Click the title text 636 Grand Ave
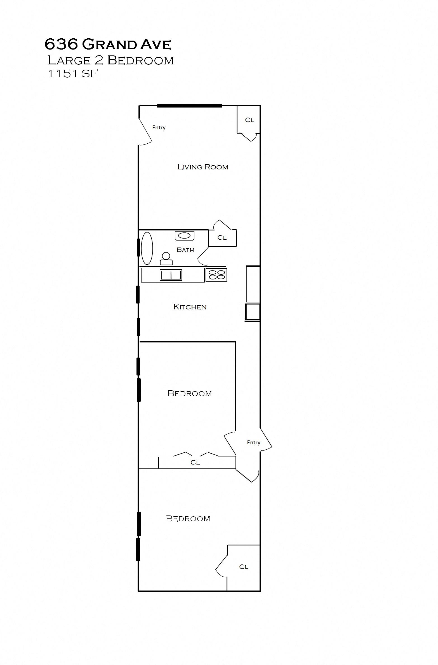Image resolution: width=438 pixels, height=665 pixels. (x=108, y=44)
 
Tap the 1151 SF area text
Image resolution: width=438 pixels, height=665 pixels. (x=73, y=74)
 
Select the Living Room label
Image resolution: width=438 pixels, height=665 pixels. (x=203, y=167)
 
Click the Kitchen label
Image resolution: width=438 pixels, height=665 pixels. (x=190, y=307)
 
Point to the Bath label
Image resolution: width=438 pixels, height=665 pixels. (x=185, y=250)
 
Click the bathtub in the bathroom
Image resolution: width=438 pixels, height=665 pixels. (x=147, y=248)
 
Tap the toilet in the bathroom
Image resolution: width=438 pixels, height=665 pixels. (x=166, y=259)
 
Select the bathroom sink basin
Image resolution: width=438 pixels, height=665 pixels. (x=185, y=235)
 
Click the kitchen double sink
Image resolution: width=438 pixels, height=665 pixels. (x=171, y=275)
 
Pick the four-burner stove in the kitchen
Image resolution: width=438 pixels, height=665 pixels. (x=216, y=275)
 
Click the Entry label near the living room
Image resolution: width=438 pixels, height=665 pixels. (x=159, y=128)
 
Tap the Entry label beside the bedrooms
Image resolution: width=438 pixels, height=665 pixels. (x=254, y=442)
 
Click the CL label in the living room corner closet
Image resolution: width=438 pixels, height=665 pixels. (x=249, y=120)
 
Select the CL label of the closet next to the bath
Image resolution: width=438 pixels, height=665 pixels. (x=222, y=237)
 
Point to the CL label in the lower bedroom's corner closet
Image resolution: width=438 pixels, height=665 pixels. (x=244, y=567)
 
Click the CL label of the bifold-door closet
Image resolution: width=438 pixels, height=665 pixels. (x=195, y=462)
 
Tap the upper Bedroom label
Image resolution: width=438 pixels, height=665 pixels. (x=190, y=393)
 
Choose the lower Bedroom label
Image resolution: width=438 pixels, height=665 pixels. (x=188, y=519)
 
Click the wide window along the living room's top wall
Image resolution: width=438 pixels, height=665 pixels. (x=190, y=106)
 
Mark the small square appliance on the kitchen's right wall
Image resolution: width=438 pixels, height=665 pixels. (x=253, y=311)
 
